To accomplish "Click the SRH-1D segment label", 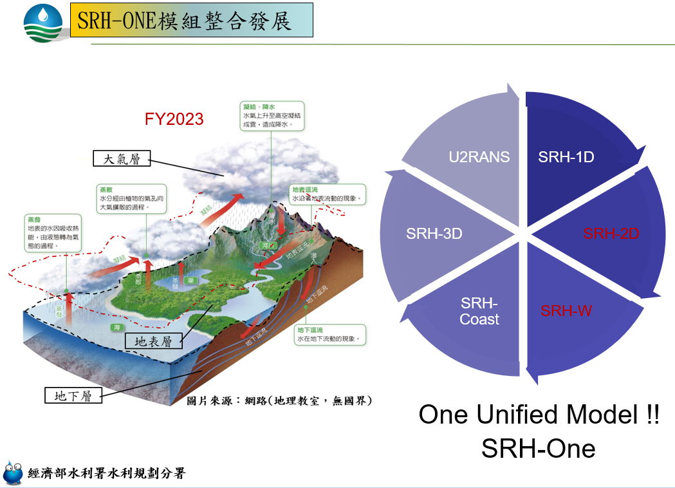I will pyautogui.click(x=566, y=157).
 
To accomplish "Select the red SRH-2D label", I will pyautogui.click(x=611, y=234).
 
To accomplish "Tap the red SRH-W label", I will pyautogui.click(x=566, y=311).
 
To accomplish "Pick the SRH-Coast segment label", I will pyautogui.click(x=479, y=311).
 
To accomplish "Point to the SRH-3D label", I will pyautogui.click(x=434, y=234).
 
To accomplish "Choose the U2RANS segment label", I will pyautogui.click(x=479, y=157).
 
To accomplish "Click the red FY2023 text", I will pyautogui.click(x=174, y=119).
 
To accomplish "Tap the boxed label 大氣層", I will pyautogui.click(x=122, y=158).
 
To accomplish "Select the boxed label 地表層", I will pyautogui.click(x=153, y=341).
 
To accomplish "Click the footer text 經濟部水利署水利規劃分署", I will pyautogui.click(x=107, y=474).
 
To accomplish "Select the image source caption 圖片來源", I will pyautogui.click(x=279, y=400).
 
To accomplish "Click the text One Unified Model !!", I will pyautogui.click(x=539, y=415).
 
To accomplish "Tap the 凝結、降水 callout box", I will pyautogui.click(x=271, y=115).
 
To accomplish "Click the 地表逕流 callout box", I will pyautogui.click(x=327, y=194).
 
